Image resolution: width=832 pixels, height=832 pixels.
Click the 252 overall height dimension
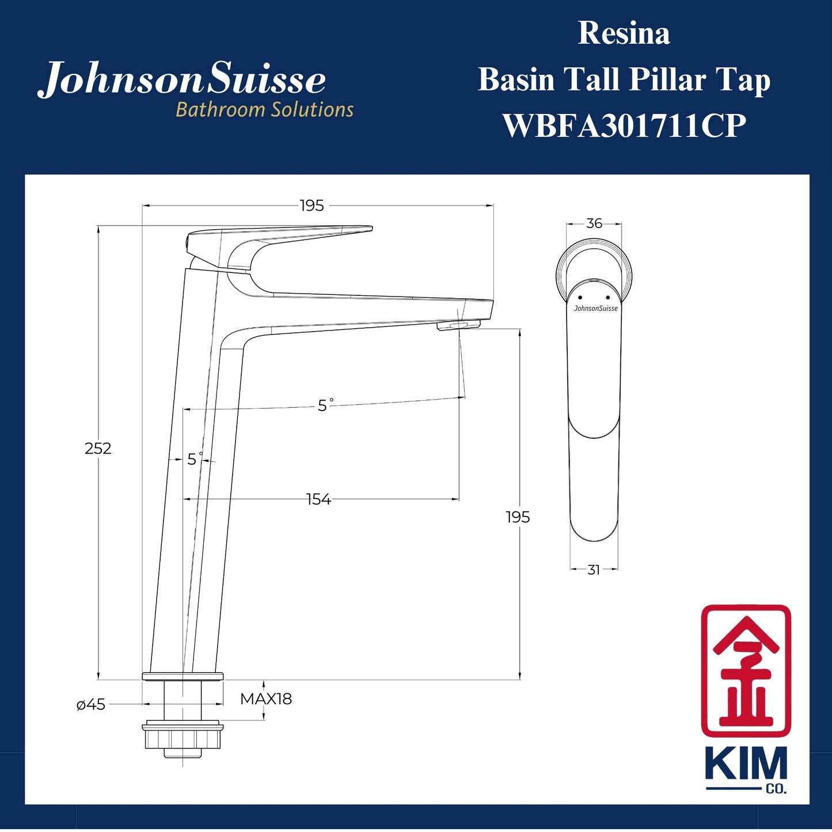tap(98, 449)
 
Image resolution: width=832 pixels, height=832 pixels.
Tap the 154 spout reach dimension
tap(318, 499)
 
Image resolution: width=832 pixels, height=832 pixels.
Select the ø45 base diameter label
tap(91, 705)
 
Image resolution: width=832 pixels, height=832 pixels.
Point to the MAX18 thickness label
tap(266, 699)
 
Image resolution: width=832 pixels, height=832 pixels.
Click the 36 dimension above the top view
tap(594, 223)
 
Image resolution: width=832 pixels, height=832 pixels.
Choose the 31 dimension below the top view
tap(594, 569)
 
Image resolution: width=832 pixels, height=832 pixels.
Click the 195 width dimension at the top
tap(312, 206)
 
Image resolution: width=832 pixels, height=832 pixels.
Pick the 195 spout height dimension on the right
tap(518, 517)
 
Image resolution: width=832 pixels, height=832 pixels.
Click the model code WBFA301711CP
tap(624, 126)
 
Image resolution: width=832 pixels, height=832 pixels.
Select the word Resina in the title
tap(624, 33)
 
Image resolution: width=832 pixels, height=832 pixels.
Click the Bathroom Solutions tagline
tap(265, 109)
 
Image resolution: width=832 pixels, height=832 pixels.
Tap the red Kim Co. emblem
tap(746, 671)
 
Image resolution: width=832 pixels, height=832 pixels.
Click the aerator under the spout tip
tap(458, 326)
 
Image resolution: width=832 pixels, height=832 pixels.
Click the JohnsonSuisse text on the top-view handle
tap(596, 309)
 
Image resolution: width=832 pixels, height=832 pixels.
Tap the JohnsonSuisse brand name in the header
tap(182, 79)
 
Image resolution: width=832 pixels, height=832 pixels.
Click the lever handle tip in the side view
tap(363, 229)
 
